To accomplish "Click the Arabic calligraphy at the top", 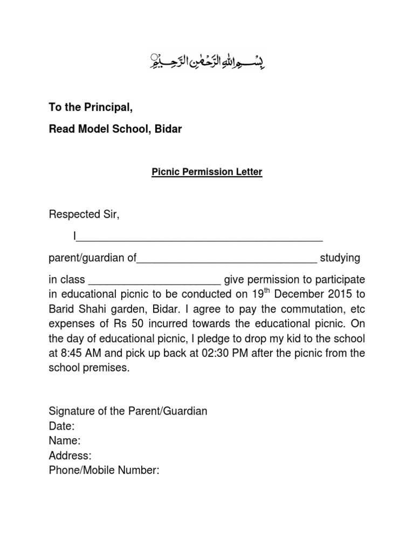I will coord(207,62).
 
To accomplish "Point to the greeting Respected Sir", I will coord(84,215).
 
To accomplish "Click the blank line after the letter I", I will coord(201,237).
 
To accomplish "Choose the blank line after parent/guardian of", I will coord(227,258).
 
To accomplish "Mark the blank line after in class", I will coord(154,280).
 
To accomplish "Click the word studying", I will coord(340,258).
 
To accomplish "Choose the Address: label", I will coord(70,456).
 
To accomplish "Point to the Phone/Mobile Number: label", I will coord(104,470).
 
